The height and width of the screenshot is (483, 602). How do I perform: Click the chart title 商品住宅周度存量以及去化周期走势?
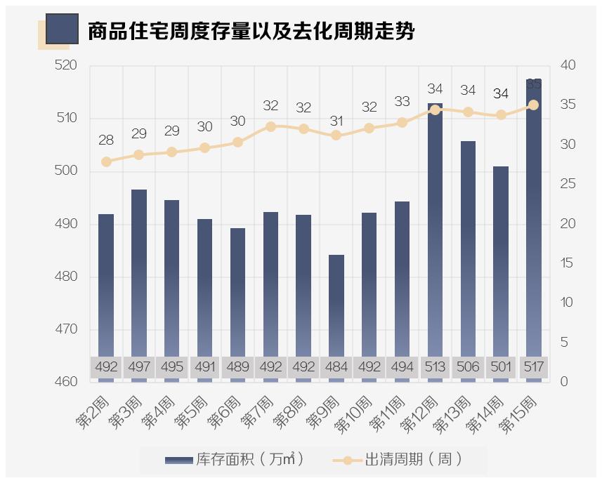251,31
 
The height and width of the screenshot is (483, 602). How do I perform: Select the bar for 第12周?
435,232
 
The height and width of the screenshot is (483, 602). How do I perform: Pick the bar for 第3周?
139,274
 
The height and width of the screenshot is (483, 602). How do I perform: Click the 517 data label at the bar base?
534,366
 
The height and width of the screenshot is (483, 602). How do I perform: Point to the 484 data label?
336,366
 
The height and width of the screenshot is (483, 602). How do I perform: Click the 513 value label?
435,366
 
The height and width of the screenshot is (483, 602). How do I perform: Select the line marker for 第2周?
106,161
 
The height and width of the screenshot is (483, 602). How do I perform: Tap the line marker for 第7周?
270,126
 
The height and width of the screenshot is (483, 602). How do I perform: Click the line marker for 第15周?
534,105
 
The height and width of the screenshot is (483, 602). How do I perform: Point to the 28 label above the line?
106,140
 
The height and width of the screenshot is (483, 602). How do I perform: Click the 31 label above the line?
336,121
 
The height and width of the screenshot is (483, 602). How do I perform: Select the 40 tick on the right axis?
568,65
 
